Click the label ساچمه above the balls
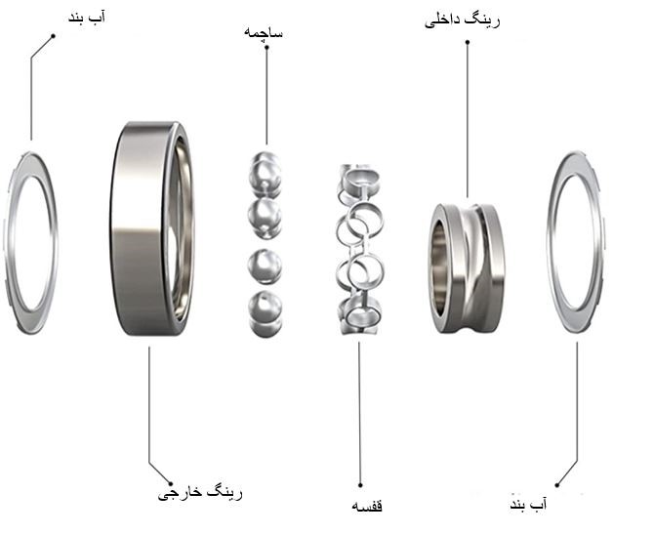tap(264, 32)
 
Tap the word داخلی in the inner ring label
tap(442, 21)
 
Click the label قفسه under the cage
tap(367, 506)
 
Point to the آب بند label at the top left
tap(87, 18)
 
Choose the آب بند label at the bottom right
tap(528, 504)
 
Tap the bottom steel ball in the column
tap(266, 312)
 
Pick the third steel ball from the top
tap(265, 267)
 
